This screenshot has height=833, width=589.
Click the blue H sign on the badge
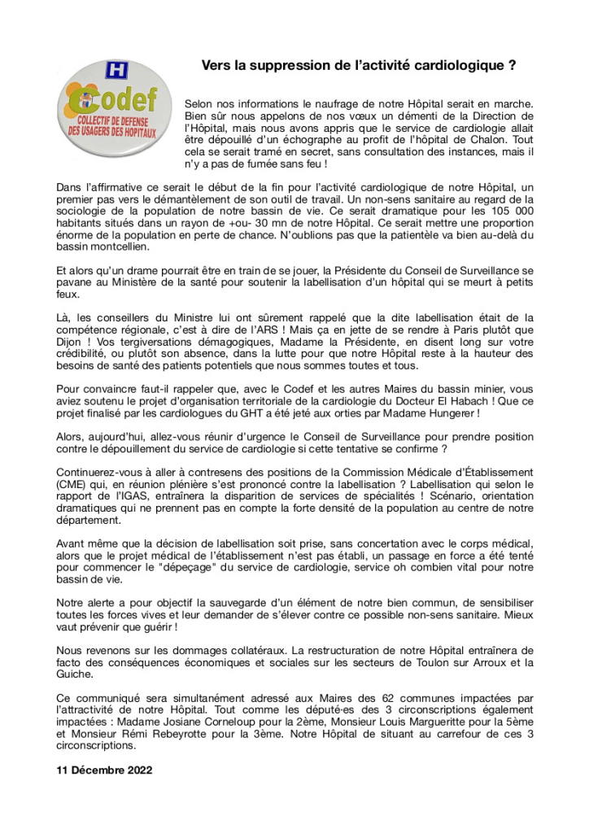(x=117, y=71)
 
